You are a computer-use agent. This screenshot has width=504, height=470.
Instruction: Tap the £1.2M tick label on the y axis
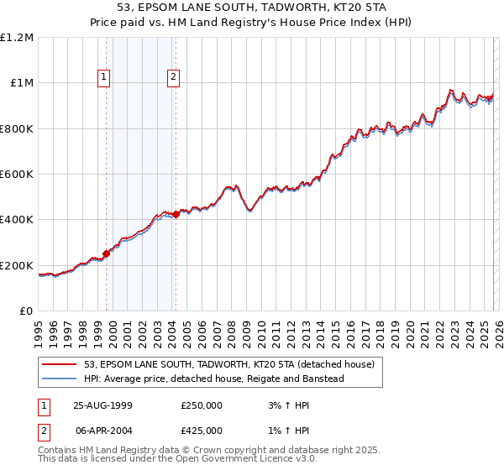pyautogui.click(x=17, y=38)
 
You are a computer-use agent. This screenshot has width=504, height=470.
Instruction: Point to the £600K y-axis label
pyautogui.click(x=17, y=175)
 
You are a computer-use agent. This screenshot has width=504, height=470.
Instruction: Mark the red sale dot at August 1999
pyautogui.click(x=107, y=253)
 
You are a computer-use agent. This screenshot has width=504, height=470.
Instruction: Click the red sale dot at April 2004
pyautogui.click(x=176, y=214)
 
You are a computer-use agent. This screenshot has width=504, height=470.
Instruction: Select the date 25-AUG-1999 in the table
pyautogui.click(x=102, y=405)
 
